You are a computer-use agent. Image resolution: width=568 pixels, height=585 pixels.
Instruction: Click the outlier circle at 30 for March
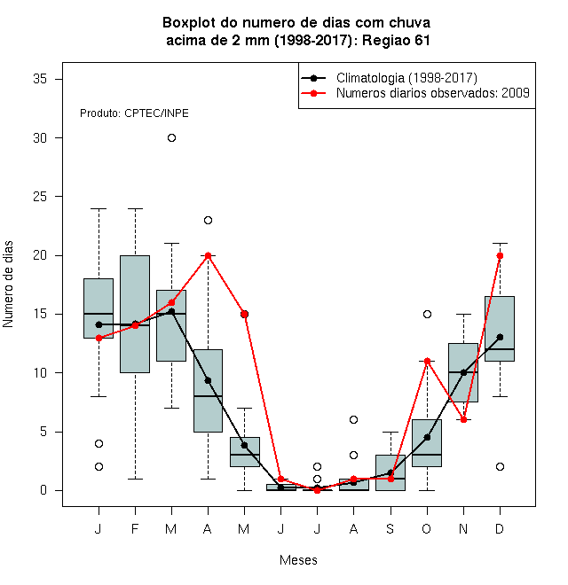pyautogui.click(x=171, y=138)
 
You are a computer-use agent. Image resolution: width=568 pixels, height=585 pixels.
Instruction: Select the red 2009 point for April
pyautogui.click(x=209, y=255)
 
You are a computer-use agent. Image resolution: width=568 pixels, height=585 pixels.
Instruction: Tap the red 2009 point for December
pyautogui.click(x=500, y=255)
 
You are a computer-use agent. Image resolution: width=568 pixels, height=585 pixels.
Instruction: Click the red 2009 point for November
pyautogui.click(x=464, y=420)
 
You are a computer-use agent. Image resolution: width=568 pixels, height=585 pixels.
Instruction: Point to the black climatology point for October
pyautogui.click(x=427, y=437)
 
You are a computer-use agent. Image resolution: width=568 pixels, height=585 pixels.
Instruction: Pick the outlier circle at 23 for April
pyautogui.click(x=209, y=220)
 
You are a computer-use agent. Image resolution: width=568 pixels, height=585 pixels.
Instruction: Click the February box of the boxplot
pyautogui.click(x=135, y=314)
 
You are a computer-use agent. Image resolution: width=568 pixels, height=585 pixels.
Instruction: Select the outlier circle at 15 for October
pyautogui.click(x=427, y=314)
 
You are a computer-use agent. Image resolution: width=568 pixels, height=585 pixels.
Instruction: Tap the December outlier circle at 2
pyautogui.click(x=500, y=467)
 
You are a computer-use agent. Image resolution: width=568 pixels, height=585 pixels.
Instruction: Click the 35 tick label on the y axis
pyautogui.click(x=40, y=79)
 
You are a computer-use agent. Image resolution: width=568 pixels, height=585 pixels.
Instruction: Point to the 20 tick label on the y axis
pyautogui.click(x=40, y=255)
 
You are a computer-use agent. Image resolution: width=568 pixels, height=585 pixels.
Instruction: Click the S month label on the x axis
pyautogui.click(x=390, y=528)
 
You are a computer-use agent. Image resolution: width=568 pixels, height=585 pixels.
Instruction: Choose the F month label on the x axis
pyautogui.click(x=135, y=528)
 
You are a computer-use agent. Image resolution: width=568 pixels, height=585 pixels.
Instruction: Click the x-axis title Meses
pyautogui.click(x=298, y=560)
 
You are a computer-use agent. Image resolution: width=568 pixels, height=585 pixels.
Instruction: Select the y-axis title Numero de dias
pyautogui.click(x=8, y=285)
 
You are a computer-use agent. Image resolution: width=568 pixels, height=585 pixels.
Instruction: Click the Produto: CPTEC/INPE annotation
pyautogui.click(x=134, y=113)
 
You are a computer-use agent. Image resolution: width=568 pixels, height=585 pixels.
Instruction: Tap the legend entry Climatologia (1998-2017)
pyautogui.click(x=406, y=78)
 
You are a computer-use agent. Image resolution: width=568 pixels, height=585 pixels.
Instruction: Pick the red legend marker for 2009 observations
pyautogui.click(x=313, y=93)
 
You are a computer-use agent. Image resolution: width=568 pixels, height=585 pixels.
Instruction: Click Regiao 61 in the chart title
pyautogui.click(x=396, y=40)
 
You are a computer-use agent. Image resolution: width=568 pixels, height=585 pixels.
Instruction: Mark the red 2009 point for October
pyautogui.click(x=427, y=361)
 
